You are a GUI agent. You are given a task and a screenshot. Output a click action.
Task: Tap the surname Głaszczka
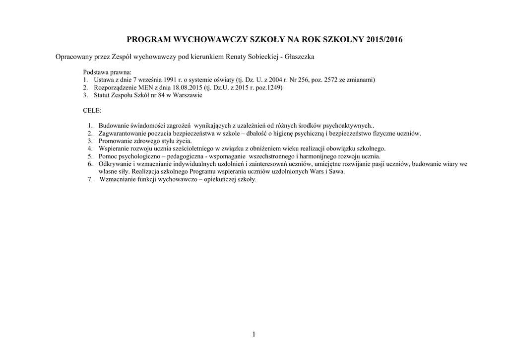tap(299, 57)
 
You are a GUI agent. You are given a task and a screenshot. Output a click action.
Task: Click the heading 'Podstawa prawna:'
tap(107, 72)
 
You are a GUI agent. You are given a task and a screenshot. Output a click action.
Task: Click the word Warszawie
tap(188, 95)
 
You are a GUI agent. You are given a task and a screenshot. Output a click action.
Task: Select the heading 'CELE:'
tap(92, 111)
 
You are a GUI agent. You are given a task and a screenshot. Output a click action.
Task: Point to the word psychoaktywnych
tap(347, 126)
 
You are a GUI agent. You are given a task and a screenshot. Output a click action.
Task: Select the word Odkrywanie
tap(116, 163)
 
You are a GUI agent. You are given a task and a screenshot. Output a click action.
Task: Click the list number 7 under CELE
tap(90, 179)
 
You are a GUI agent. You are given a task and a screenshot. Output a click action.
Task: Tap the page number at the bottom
tap(254, 334)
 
